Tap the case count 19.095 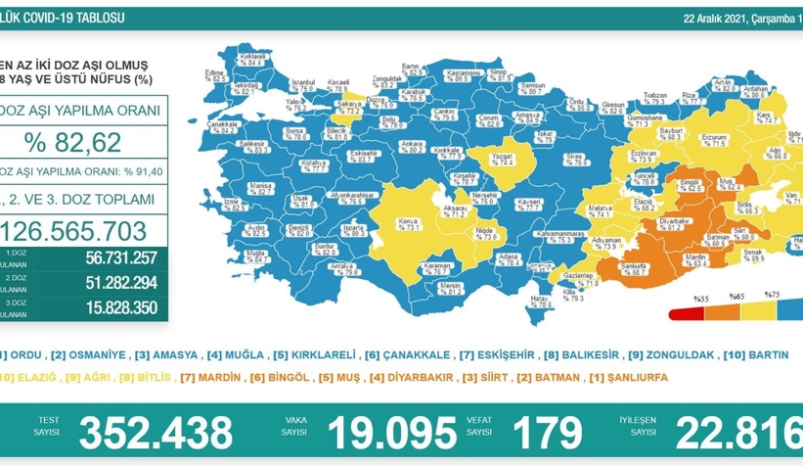[x=392, y=432]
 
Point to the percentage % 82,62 [x=74, y=143]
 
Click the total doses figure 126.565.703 [x=79, y=230]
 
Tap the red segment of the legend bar [x=685, y=314]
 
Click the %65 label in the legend [x=735, y=296]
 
